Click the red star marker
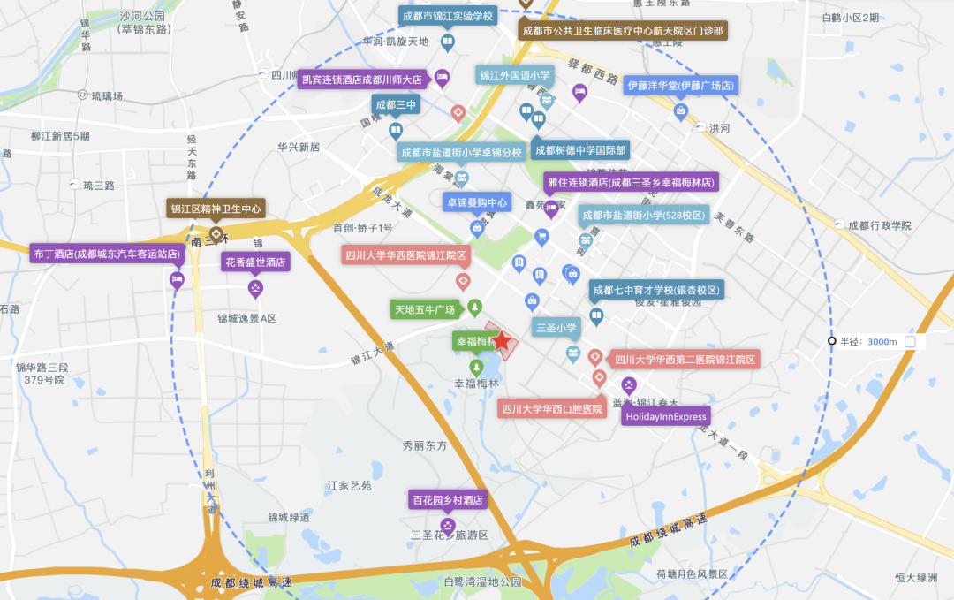pos(501,340)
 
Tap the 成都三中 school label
pos(395,105)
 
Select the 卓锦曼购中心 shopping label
pos(477,202)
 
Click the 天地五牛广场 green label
pos(425,309)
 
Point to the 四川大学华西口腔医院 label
pos(552,409)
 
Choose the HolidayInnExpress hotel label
pos(665,416)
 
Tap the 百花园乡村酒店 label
pos(448,500)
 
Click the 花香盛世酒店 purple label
pos(255,262)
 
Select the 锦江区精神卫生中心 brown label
pos(216,209)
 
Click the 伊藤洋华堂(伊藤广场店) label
pos(680,86)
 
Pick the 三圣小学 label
pos(556,328)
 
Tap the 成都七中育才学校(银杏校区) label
pos(656,290)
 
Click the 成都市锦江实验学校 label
pos(447,17)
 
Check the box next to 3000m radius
pos(910,342)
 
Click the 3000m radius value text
pos(882,342)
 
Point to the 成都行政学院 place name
pos(879,226)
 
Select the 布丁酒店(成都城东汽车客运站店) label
pos(107,254)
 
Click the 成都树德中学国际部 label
pos(580,150)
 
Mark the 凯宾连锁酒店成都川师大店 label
pos(363,80)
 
